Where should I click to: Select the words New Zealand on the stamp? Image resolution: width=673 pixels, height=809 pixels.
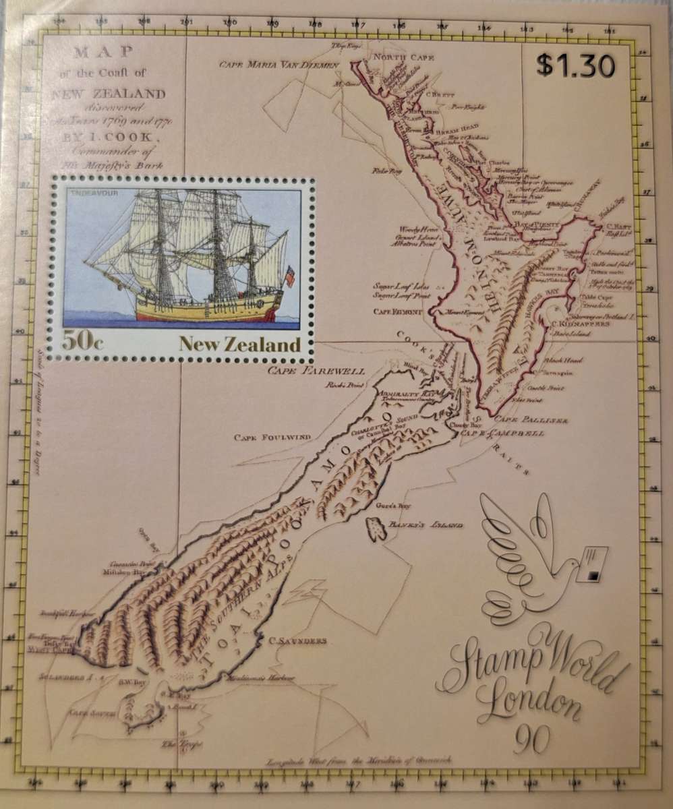coord(239,344)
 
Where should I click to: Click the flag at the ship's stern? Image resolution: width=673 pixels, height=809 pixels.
coord(290,276)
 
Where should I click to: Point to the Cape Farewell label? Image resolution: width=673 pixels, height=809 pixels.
coord(316,371)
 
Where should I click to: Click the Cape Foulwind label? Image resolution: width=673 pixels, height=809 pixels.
coord(272,438)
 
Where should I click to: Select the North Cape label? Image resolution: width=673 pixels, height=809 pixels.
coord(404,58)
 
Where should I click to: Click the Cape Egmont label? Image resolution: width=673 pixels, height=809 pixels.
coord(398,311)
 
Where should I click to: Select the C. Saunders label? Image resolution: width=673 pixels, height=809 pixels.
coord(297,640)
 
